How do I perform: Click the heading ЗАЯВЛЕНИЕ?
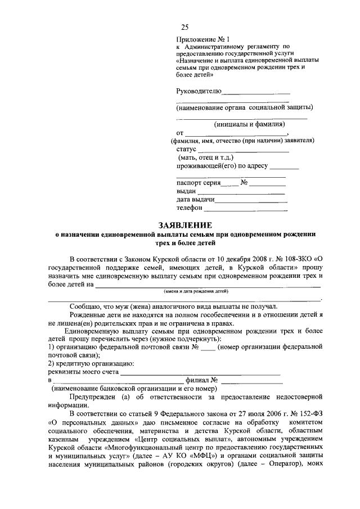click(x=180, y=225)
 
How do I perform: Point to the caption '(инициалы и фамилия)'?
click(x=249, y=124)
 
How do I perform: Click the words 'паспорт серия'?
click(x=196, y=183)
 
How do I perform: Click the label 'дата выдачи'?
click(x=195, y=199)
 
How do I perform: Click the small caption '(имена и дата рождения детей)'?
click(x=196, y=292)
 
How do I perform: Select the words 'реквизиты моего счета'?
click(x=83, y=372)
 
